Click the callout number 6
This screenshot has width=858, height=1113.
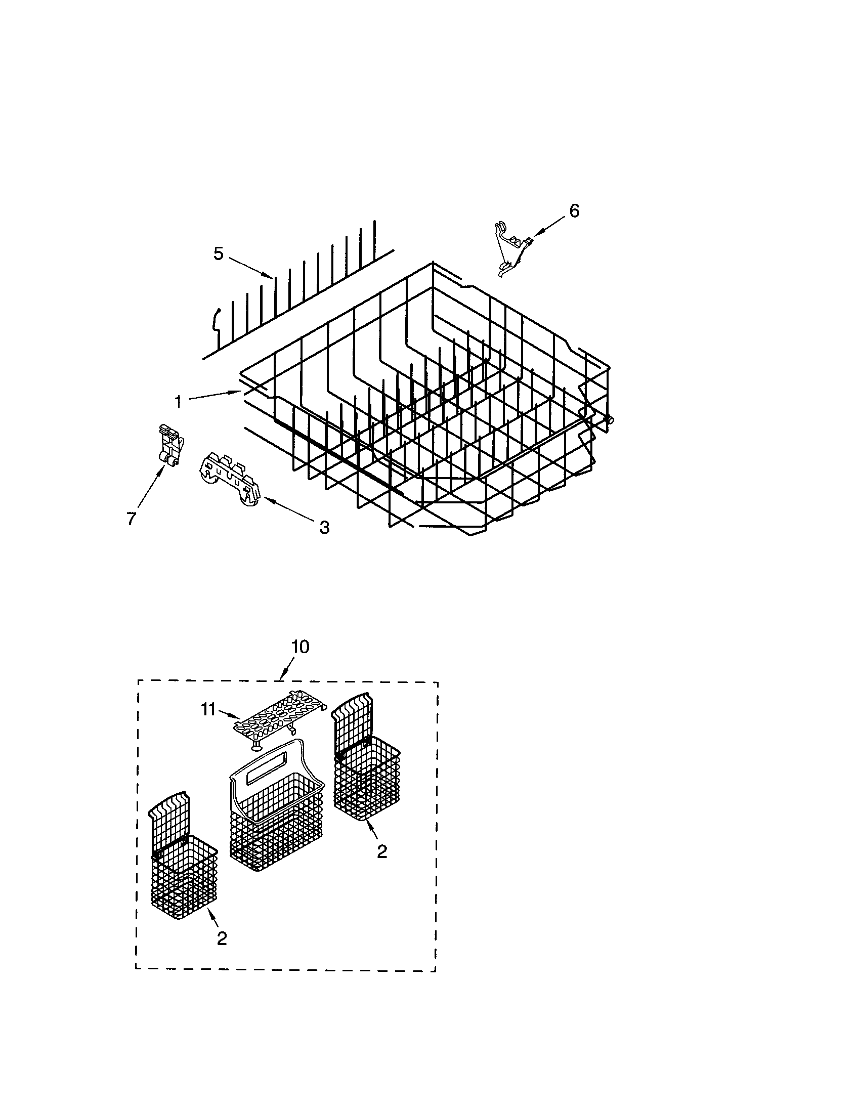pyautogui.click(x=574, y=211)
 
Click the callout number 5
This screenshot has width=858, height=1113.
pyautogui.click(x=218, y=253)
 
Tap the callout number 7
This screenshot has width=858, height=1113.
pyautogui.click(x=131, y=518)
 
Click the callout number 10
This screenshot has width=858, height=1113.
pyautogui.click(x=300, y=647)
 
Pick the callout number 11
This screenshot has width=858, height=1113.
pyautogui.click(x=208, y=709)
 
